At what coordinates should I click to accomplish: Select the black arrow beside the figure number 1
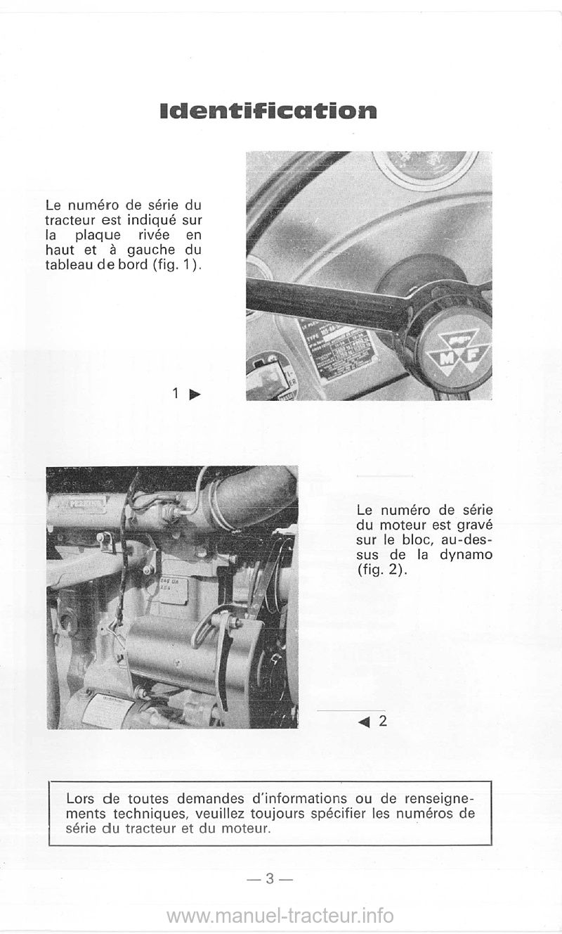[x=195, y=395]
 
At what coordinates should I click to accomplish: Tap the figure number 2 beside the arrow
[x=382, y=721]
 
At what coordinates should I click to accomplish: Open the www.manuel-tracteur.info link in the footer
[x=280, y=915]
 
